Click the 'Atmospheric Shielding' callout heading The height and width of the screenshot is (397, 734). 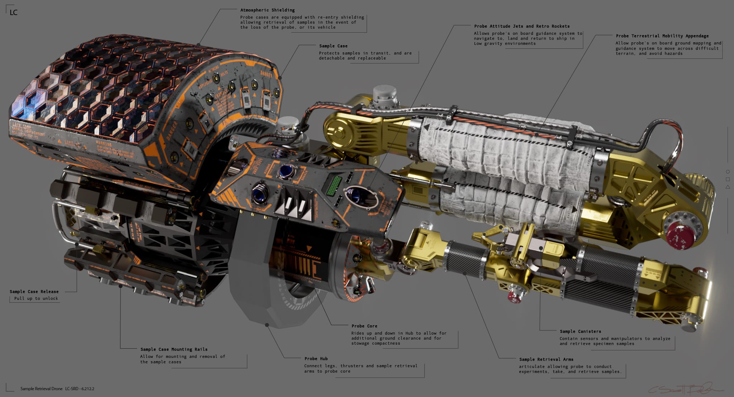[x=267, y=10]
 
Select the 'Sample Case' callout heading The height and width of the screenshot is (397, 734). [x=333, y=46]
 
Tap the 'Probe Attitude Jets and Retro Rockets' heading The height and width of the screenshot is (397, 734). [x=522, y=26]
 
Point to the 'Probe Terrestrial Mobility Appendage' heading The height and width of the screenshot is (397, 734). [x=662, y=36]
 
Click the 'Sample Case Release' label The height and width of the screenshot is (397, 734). [x=34, y=292]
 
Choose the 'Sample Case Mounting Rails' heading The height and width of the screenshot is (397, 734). [x=174, y=349]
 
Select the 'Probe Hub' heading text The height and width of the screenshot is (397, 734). [x=316, y=359]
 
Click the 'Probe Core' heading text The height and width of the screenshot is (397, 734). [x=364, y=326]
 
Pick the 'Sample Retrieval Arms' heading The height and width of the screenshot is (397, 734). [x=546, y=359]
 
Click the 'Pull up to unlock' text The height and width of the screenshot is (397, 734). [x=36, y=298]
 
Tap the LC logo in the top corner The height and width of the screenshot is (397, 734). [x=14, y=13]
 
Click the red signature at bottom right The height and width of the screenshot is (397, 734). [x=685, y=389]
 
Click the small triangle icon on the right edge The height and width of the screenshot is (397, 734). [x=728, y=187]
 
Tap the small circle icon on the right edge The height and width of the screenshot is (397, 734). [x=728, y=172]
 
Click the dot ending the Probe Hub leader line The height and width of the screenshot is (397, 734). [x=267, y=325]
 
